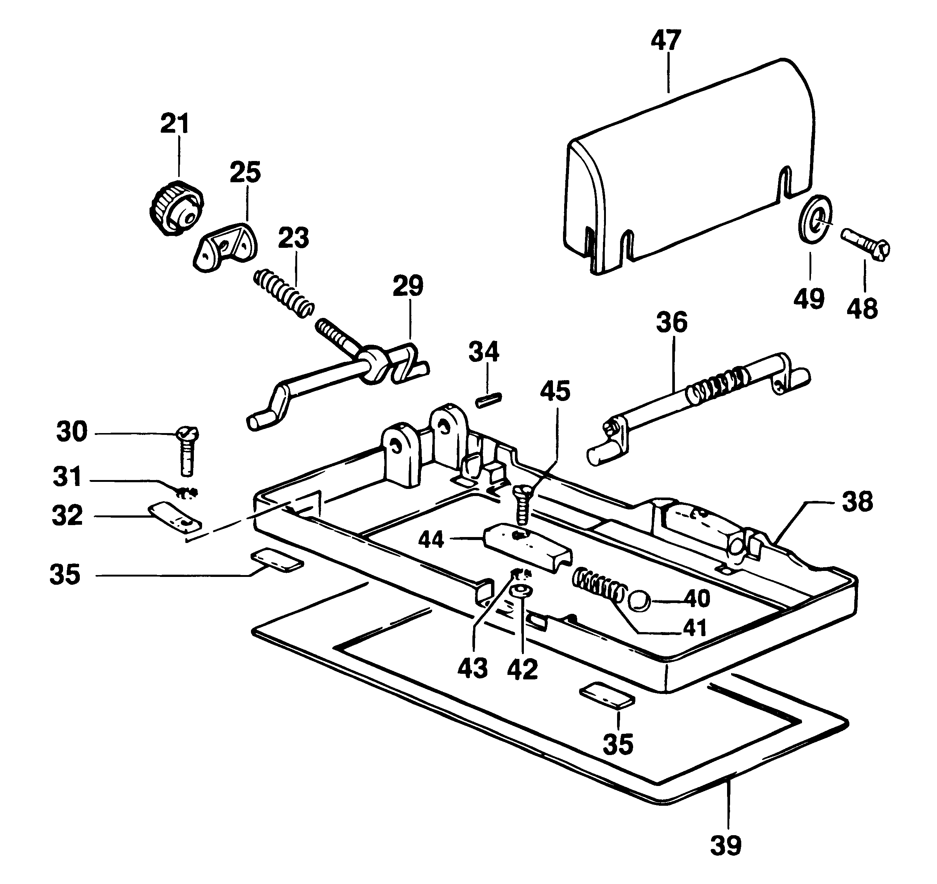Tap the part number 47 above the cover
666,41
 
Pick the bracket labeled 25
226,247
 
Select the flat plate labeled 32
175,517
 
